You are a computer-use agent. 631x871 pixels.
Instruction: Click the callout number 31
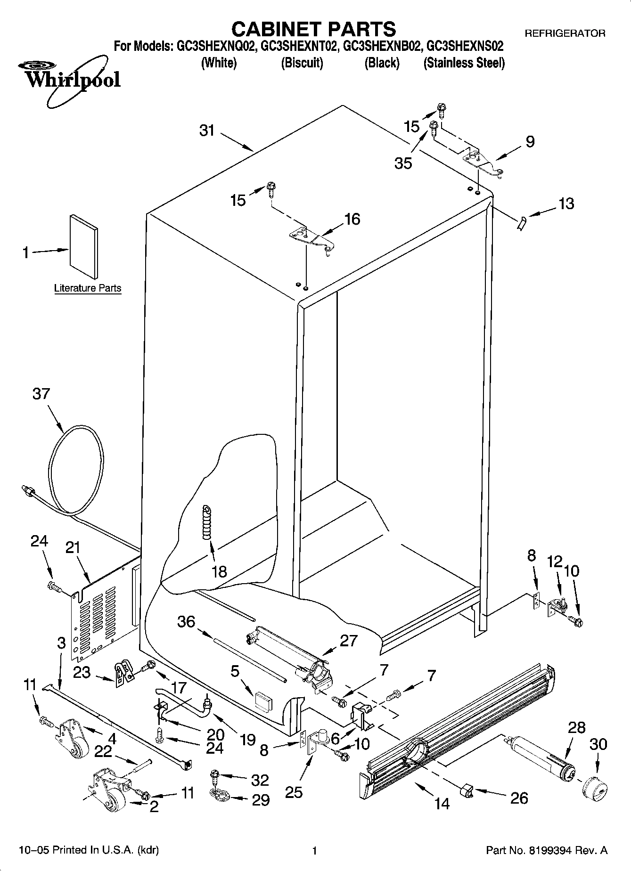pyautogui.click(x=207, y=130)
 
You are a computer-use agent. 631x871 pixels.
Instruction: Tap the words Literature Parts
pyautogui.click(x=88, y=288)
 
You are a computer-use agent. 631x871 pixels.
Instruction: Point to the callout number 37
pyautogui.click(x=41, y=393)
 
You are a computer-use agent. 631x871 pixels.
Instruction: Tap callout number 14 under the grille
pyautogui.click(x=442, y=803)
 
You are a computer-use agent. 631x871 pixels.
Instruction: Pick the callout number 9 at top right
pyautogui.click(x=530, y=141)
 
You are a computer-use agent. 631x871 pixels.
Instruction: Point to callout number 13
pyautogui.click(x=566, y=204)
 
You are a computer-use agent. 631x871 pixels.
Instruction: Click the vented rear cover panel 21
pyautogui.click(x=97, y=619)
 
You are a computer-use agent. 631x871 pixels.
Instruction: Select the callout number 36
pyautogui.click(x=186, y=622)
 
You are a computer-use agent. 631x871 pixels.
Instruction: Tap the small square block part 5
pyautogui.click(x=263, y=700)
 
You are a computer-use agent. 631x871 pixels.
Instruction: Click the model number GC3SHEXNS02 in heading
pyautogui.click(x=465, y=47)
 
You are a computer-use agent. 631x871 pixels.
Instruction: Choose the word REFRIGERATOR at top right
pyautogui.click(x=565, y=33)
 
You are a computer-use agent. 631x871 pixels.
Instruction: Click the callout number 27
pyautogui.click(x=348, y=641)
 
